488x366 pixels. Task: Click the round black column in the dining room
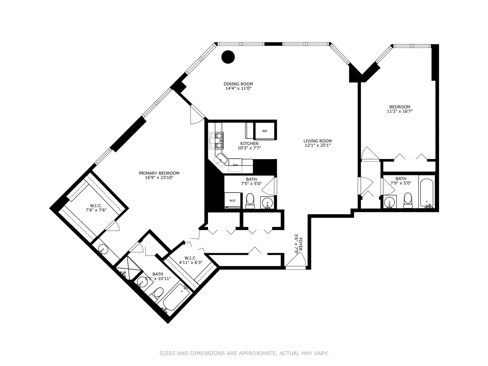pos(228,57)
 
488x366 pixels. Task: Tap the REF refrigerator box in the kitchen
pos(264,131)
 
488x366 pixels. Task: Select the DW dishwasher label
pos(235,165)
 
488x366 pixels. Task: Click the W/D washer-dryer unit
pos(232,200)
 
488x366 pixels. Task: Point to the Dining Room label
pos(238,84)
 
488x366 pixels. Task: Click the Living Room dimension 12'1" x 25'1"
pos(318,145)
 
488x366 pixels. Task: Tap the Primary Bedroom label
pos(159,173)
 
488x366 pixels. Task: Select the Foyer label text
pos(301,244)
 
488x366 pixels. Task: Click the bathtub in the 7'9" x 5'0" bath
pos(427,193)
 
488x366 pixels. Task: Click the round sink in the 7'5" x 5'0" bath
pos(267,202)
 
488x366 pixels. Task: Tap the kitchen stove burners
pos(216,141)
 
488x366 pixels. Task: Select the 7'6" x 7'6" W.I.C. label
pos(96,208)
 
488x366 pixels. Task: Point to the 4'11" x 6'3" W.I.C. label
pos(191,260)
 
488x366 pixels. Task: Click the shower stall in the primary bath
pos(129,268)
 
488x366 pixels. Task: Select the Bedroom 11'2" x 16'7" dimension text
pos(400,111)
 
